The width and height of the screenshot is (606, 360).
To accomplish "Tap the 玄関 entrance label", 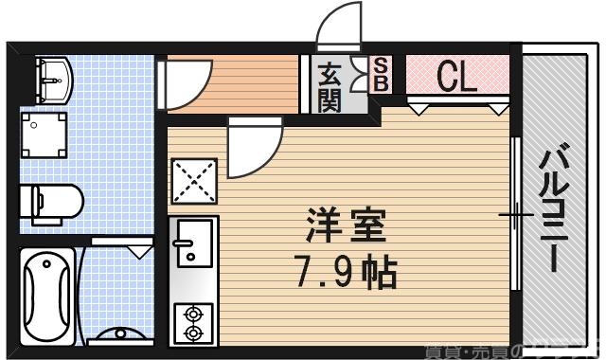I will (x=330, y=86).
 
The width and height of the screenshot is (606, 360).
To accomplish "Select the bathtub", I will (x=46, y=295).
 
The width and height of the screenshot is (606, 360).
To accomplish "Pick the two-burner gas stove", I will (x=194, y=321).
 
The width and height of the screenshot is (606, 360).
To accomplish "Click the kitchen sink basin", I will (x=193, y=242).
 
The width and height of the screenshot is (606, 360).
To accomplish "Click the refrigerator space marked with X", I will (x=192, y=180).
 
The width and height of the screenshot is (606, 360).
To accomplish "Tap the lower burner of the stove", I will (x=194, y=333).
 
